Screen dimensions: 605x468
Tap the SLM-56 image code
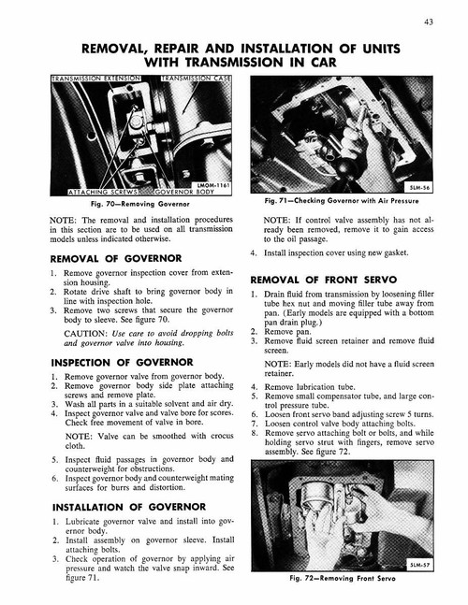[x=427, y=187]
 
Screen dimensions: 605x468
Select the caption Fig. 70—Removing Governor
[x=138, y=205]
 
